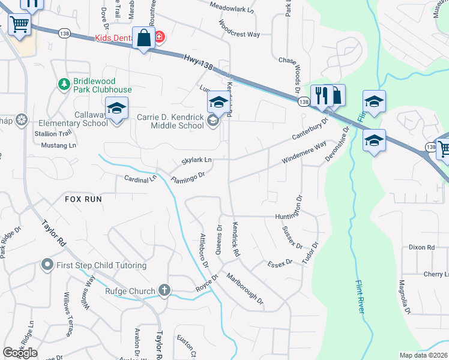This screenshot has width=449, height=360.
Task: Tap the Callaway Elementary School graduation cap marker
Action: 116,109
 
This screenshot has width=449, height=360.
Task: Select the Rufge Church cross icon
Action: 164,291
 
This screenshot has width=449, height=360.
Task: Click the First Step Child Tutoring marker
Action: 47,265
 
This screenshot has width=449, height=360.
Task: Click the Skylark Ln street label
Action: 196,161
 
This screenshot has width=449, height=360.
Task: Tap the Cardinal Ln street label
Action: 140,179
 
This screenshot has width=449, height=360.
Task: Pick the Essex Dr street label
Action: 279,263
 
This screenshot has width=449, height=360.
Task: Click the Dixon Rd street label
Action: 421,247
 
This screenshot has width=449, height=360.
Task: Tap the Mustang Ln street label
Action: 59,145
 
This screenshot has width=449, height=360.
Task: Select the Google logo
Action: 20,353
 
